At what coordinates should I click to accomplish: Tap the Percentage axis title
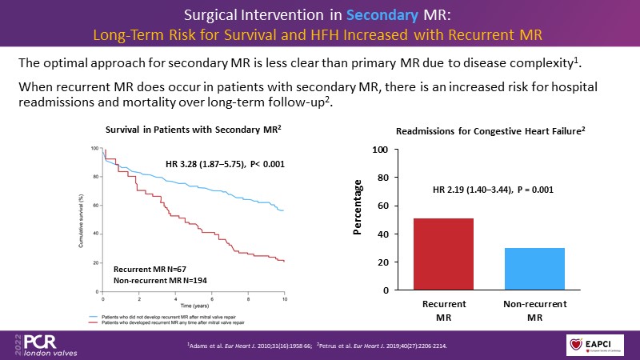click(x=358, y=210)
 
